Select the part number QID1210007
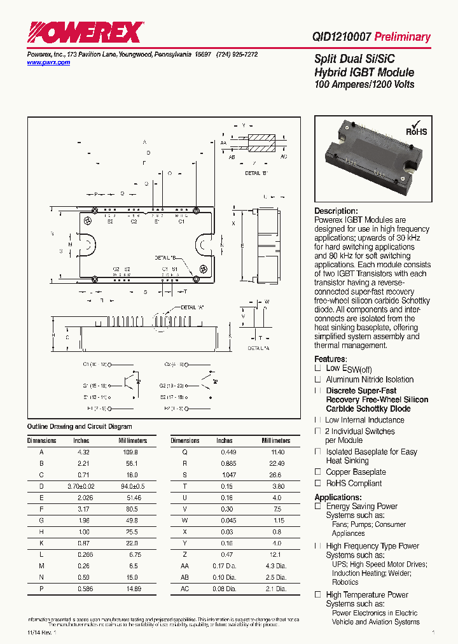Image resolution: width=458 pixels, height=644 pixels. (x=342, y=37)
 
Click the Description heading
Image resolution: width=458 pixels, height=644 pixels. (x=336, y=211)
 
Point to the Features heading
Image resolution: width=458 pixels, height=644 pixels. (x=330, y=359)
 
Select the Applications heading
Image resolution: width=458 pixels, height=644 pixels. (x=338, y=497)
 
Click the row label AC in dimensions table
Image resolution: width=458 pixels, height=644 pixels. (x=185, y=589)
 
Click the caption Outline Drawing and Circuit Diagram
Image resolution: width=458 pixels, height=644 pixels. (x=80, y=426)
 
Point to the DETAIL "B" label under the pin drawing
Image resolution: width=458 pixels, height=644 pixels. (x=256, y=173)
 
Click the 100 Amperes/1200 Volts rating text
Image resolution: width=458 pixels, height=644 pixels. (x=364, y=85)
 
